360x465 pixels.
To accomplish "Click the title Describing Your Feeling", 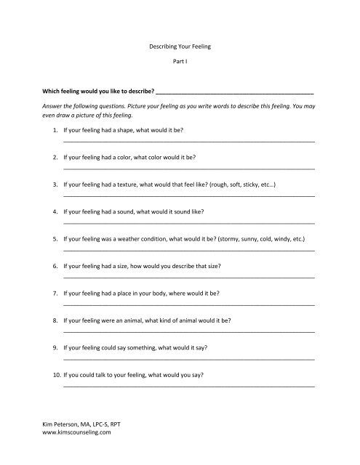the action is tap(180, 46).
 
